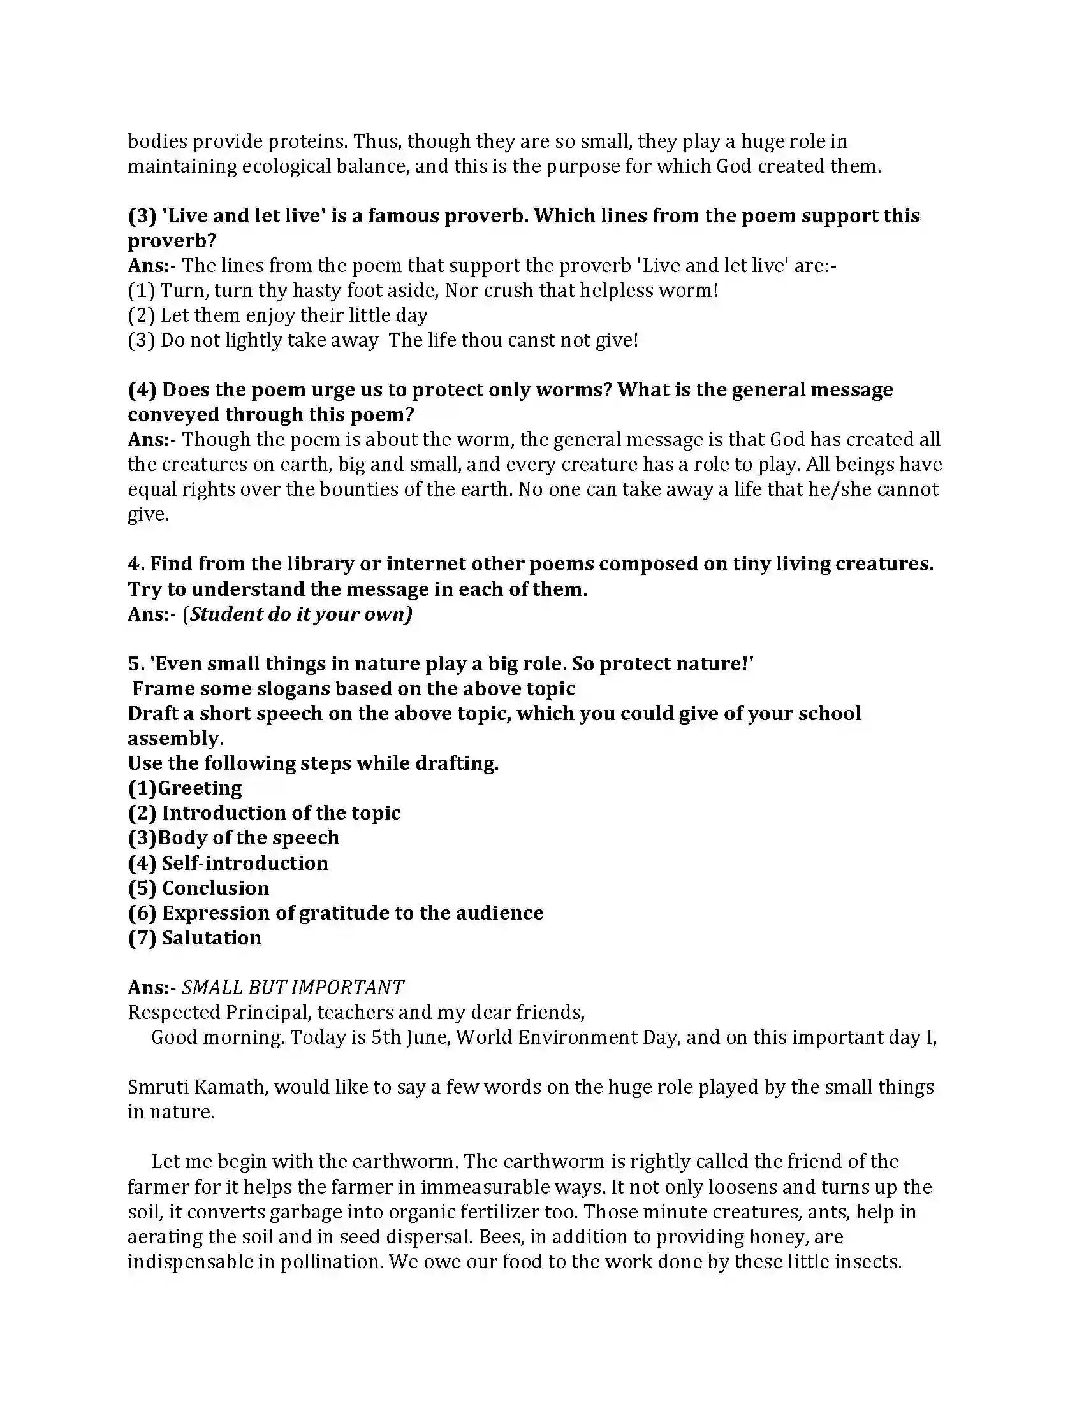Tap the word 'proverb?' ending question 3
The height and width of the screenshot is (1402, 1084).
(172, 241)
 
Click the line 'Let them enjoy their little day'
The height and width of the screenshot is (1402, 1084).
(277, 315)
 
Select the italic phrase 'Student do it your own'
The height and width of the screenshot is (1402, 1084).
(300, 614)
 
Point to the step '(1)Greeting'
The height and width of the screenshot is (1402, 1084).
(185, 788)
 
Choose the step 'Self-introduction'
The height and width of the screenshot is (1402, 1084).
(245, 864)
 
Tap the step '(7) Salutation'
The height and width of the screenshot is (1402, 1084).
(194, 938)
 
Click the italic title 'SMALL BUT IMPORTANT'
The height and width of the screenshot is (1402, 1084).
(293, 988)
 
